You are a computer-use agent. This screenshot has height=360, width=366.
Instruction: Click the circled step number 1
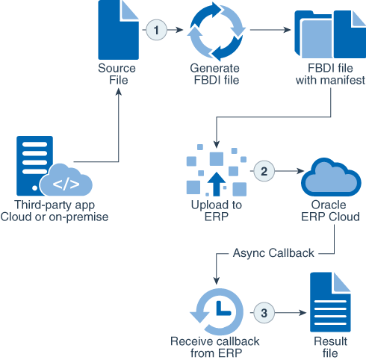coord(156,30)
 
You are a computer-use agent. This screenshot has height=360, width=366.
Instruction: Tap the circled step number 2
coord(263,170)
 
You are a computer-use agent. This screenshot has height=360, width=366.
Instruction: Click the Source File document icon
coord(118,30)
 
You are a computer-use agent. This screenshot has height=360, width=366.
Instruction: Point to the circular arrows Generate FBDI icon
coord(215,31)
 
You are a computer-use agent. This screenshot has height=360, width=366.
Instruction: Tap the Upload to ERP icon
coord(215,173)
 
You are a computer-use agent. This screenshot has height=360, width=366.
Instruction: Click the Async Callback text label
coord(273,253)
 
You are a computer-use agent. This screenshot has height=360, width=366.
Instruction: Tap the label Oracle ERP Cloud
coord(326,211)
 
